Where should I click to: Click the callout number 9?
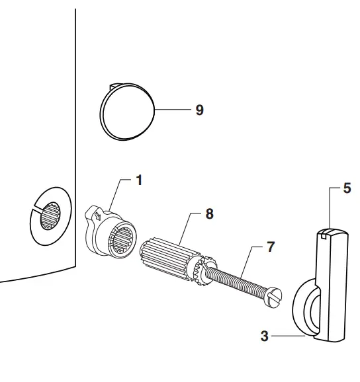[199, 110]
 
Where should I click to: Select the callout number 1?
[139, 180]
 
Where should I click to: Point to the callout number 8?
[209, 213]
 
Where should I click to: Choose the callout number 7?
[270, 247]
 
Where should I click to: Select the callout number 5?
[347, 188]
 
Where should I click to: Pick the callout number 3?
[265, 336]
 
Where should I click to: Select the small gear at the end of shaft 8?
[198, 270]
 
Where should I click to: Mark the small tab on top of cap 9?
[113, 85]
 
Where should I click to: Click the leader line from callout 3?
[288, 336]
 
